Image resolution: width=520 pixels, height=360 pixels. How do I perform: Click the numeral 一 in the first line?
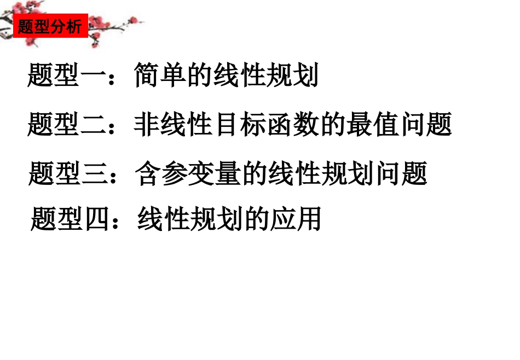[x=93, y=77]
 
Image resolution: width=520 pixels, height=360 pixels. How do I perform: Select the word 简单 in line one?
[x=159, y=77]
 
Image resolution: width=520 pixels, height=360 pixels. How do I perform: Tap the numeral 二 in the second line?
[x=93, y=125]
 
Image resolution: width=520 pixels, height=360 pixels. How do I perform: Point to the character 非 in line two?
[x=146, y=125]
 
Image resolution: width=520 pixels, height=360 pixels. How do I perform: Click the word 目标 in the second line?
[x=239, y=125]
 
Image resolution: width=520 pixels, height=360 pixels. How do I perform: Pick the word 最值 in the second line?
[x=372, y=125]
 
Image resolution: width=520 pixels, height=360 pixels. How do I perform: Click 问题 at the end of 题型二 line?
[x=425, y=125]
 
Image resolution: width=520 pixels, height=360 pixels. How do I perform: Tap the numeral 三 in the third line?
[x=94, y=174]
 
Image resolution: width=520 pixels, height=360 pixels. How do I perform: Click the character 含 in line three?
[x=148, y=174]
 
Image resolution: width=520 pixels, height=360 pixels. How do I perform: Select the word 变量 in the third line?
[x=213, y=174]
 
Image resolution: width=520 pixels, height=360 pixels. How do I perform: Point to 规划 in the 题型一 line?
[x=292, y=77]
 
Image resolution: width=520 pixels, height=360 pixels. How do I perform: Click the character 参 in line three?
[x=174, y=174]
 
